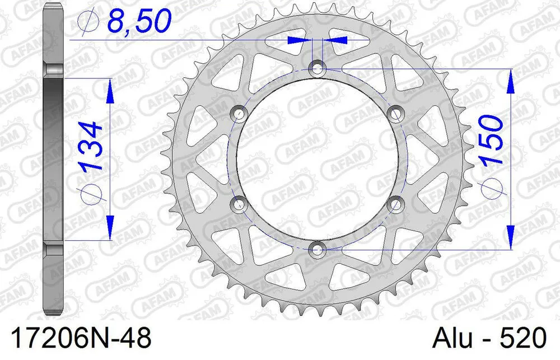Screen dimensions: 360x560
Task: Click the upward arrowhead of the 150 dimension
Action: (510, 81)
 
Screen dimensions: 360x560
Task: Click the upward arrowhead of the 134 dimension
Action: (110, 90)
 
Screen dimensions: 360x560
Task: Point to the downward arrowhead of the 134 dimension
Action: (110, 228)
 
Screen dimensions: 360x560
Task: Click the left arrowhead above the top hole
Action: (297, 40)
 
